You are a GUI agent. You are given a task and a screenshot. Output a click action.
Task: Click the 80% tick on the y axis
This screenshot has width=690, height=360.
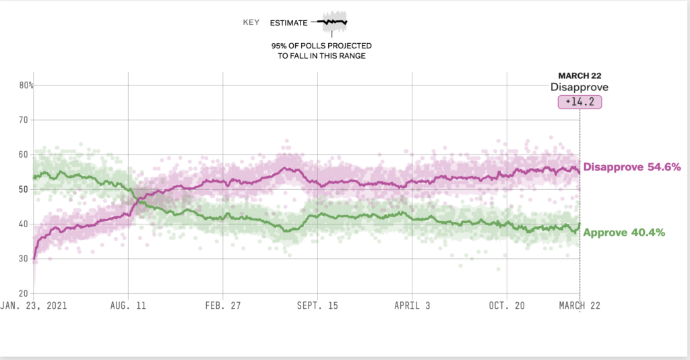point(26,86)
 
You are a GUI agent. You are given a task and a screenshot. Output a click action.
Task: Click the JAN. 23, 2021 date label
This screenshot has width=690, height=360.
point(34,305)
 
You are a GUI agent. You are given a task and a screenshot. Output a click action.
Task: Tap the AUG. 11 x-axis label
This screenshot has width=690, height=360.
point(128,305)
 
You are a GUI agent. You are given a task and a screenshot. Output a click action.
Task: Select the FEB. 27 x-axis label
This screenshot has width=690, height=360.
point(223,305)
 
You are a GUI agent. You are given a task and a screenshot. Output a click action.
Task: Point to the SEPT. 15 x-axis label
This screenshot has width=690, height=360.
point(318,305)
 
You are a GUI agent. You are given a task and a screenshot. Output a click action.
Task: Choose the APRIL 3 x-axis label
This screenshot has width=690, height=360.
point(412,305)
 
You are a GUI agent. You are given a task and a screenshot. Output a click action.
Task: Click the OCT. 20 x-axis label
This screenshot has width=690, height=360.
point(507,305)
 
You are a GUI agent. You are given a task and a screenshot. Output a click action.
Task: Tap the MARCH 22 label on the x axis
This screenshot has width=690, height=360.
point(579,305)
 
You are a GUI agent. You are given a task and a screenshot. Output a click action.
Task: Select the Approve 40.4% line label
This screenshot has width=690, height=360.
point(624,233)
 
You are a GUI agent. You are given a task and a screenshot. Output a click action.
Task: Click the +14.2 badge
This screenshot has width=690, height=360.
point(579,102)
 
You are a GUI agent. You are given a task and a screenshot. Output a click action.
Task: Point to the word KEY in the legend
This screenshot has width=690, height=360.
point(251,23)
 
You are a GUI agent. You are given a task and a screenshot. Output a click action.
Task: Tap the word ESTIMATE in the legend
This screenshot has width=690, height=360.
point(288,23)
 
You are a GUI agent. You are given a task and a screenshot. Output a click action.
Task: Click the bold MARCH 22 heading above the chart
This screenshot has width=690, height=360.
point(579,76)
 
